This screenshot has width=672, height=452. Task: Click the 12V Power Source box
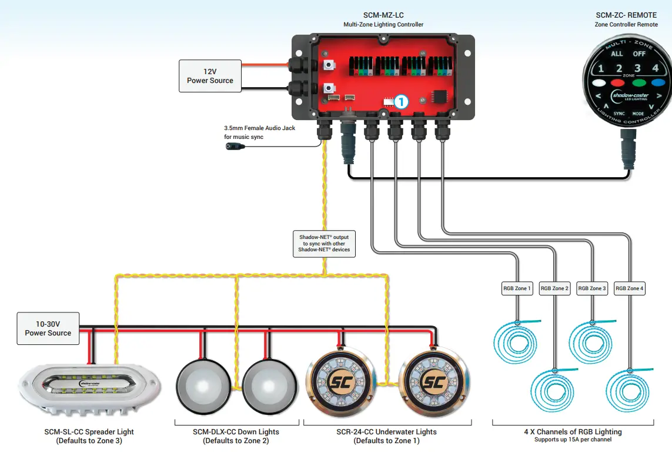(x=210, y=76)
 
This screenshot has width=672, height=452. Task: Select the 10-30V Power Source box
(x=48, y=328)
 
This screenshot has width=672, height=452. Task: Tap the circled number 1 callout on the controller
(x=400, y=101)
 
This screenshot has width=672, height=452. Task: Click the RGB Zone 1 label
(x=517, y=288)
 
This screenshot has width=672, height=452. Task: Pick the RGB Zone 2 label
(x=554, y=288)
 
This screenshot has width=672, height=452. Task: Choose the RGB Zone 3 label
(x=591, y=288)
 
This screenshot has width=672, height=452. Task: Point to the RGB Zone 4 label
(x=630, y=288)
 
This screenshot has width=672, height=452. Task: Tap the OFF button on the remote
(x=639, y=54)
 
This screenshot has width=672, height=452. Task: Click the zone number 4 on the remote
(x=655, y=68)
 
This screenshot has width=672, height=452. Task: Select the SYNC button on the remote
(x=619, y=113)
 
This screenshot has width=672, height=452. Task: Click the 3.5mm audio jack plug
(x=236, y=146)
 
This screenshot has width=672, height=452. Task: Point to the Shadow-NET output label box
(x=324, y=243)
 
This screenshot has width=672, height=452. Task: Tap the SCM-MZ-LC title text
(x=383, y=15)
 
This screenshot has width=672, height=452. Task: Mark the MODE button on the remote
(x=638, y=113)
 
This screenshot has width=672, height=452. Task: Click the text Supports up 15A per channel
(x=573, y=440)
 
